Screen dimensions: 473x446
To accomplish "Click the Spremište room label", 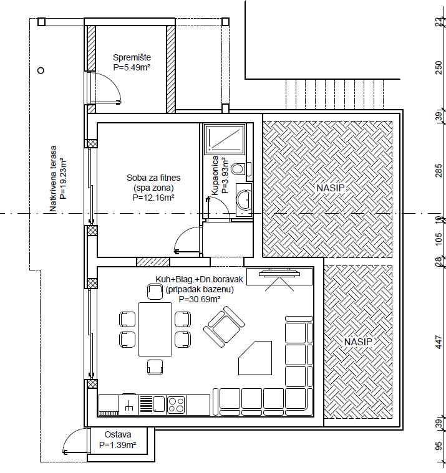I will (x=132, y=57).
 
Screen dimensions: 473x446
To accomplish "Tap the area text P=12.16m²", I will (x=153, y=198).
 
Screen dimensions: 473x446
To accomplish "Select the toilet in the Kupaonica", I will (x=239, y=169).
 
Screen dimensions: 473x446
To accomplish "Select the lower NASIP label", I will (x=357, y=342).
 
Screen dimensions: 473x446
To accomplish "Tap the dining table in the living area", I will (x=155, y=328).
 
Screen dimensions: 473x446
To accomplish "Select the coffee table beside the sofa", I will (x=255, y=358).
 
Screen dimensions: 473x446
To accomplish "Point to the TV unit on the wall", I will (x=279, y=274).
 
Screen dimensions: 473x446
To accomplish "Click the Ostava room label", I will (x=117, y=434).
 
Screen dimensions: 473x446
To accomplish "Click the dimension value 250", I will (x=439, y=67).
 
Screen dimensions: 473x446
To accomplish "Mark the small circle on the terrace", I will (x=41, y=70).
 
